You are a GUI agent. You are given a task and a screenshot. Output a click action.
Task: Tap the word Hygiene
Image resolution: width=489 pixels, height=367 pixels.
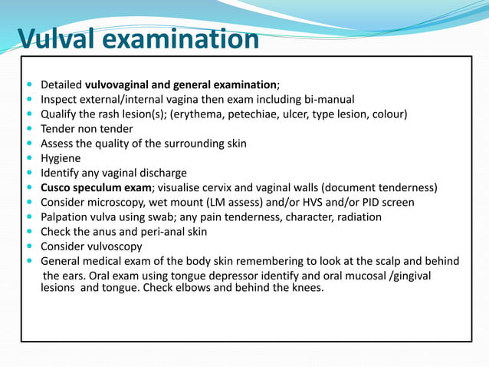[62, 158]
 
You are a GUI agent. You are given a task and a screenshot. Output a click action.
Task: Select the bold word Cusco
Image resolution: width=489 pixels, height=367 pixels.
[58, 187]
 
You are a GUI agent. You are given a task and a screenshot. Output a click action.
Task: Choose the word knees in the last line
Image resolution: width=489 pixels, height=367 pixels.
[307, 288]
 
